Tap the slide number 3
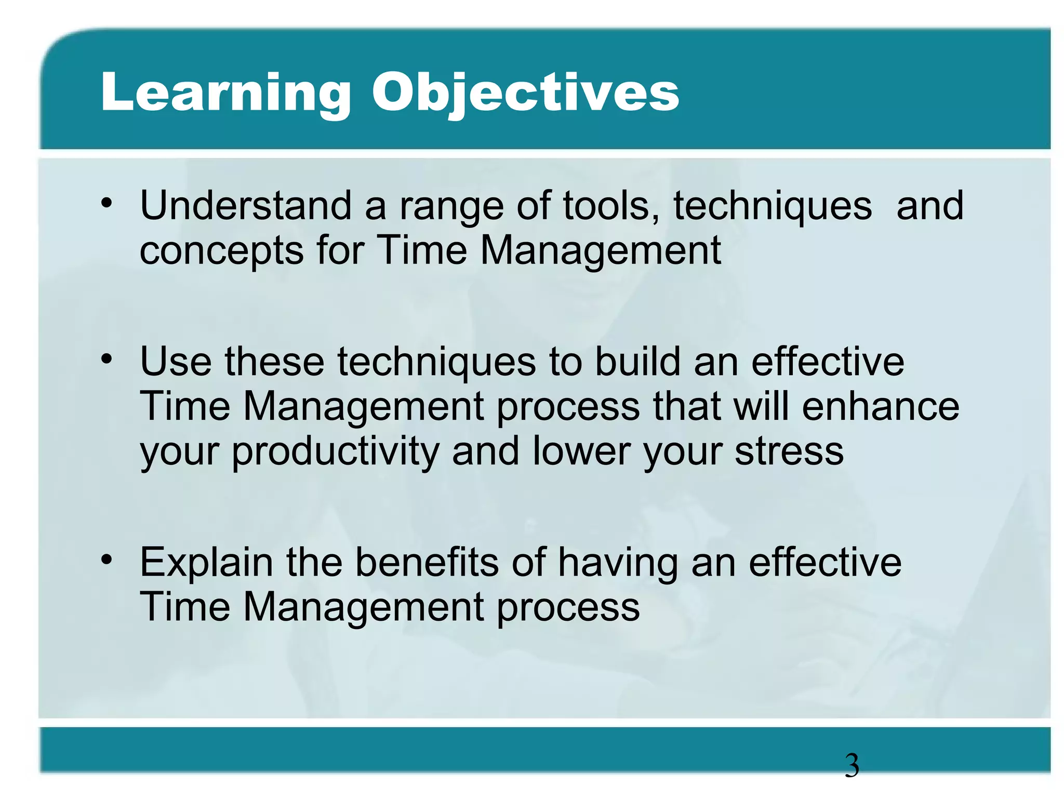click(852, 766)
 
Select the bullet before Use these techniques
click(107, 359)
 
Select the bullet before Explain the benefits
click(107, 560)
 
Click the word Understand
click(246, 206)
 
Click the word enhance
click(880, 406)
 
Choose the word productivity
click(336, 452)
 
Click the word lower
click(581, 451)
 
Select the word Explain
click(206, 563)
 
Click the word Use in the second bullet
click(176, 362)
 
